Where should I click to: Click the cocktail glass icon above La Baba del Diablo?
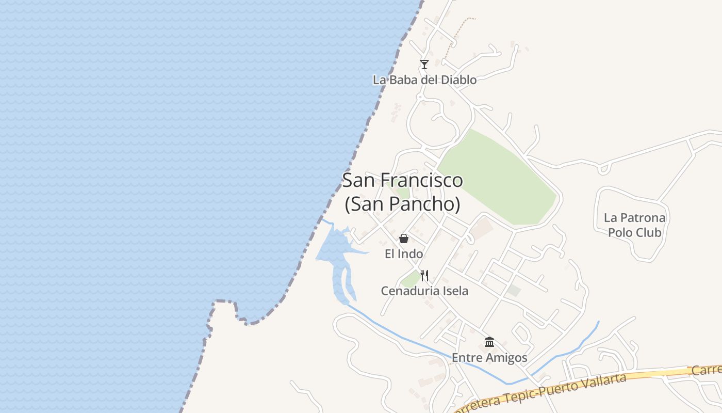[x=424, y=65]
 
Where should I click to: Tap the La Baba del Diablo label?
[x=424, y=80]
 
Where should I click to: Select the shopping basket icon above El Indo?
[x=404, y=239]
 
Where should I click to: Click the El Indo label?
[x=404, y=254]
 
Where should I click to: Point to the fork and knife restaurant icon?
[x=424, y=275]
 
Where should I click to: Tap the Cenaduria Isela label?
[x=424, y=291]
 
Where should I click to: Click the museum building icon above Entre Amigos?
[x=489, y=342]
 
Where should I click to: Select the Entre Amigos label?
[x=489, y=358]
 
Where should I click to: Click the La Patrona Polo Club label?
[x=634, y=225]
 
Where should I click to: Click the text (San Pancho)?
[x=402, y=204]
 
